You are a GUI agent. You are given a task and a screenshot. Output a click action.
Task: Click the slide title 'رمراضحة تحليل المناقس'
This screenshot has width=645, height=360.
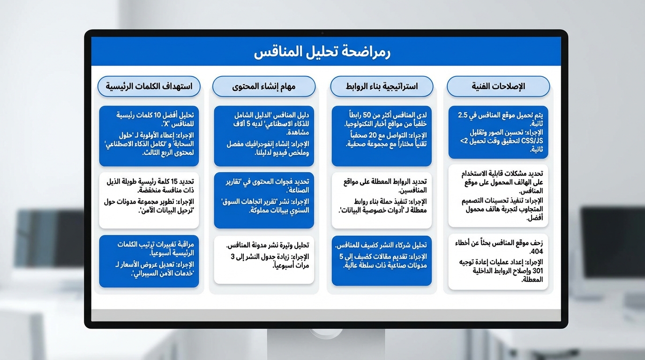tap(322, 52)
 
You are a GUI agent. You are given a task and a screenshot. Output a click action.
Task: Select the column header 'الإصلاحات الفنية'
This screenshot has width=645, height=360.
tap(498, 87)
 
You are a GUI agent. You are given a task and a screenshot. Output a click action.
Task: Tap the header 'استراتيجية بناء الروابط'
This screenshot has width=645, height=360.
tap(382, 87)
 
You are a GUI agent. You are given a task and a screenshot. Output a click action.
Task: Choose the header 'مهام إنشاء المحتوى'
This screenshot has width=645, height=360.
tap(264, 87)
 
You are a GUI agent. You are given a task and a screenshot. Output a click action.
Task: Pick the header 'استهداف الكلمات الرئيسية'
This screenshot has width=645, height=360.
tap(149, 87)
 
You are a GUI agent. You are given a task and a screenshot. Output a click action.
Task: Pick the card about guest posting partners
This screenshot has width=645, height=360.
tap(382, 261)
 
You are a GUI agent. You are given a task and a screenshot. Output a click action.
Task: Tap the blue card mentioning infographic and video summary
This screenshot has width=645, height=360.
tap(264, 136)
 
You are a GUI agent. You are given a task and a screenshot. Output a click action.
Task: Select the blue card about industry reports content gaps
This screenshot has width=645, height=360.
tap(264, 200)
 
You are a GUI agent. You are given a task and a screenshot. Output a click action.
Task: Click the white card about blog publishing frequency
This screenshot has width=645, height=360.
tap(264, 260)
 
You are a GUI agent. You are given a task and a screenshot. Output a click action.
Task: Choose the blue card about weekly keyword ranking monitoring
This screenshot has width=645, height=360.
tap(149, 261)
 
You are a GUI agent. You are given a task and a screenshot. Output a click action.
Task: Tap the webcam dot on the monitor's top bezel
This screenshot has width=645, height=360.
tap(322, 33)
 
